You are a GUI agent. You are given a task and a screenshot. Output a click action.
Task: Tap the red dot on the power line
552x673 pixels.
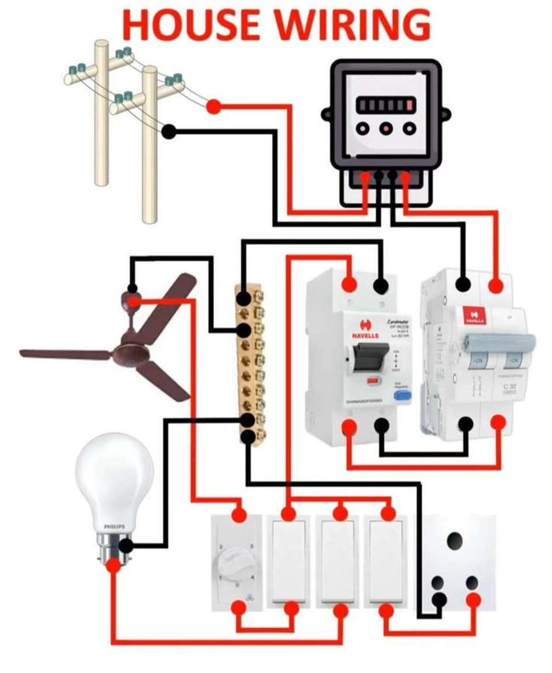213,107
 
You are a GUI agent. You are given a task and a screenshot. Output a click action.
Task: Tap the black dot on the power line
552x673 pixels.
169,132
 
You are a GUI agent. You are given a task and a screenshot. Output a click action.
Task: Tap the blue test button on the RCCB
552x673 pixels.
401,395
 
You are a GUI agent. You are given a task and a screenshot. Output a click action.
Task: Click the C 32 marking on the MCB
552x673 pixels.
509,387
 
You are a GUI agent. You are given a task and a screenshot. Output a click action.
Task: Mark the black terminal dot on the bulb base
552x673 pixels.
126,547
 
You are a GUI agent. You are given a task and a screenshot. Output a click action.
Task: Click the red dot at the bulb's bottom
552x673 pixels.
113,565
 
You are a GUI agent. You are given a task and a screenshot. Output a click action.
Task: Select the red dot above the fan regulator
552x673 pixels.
239,515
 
